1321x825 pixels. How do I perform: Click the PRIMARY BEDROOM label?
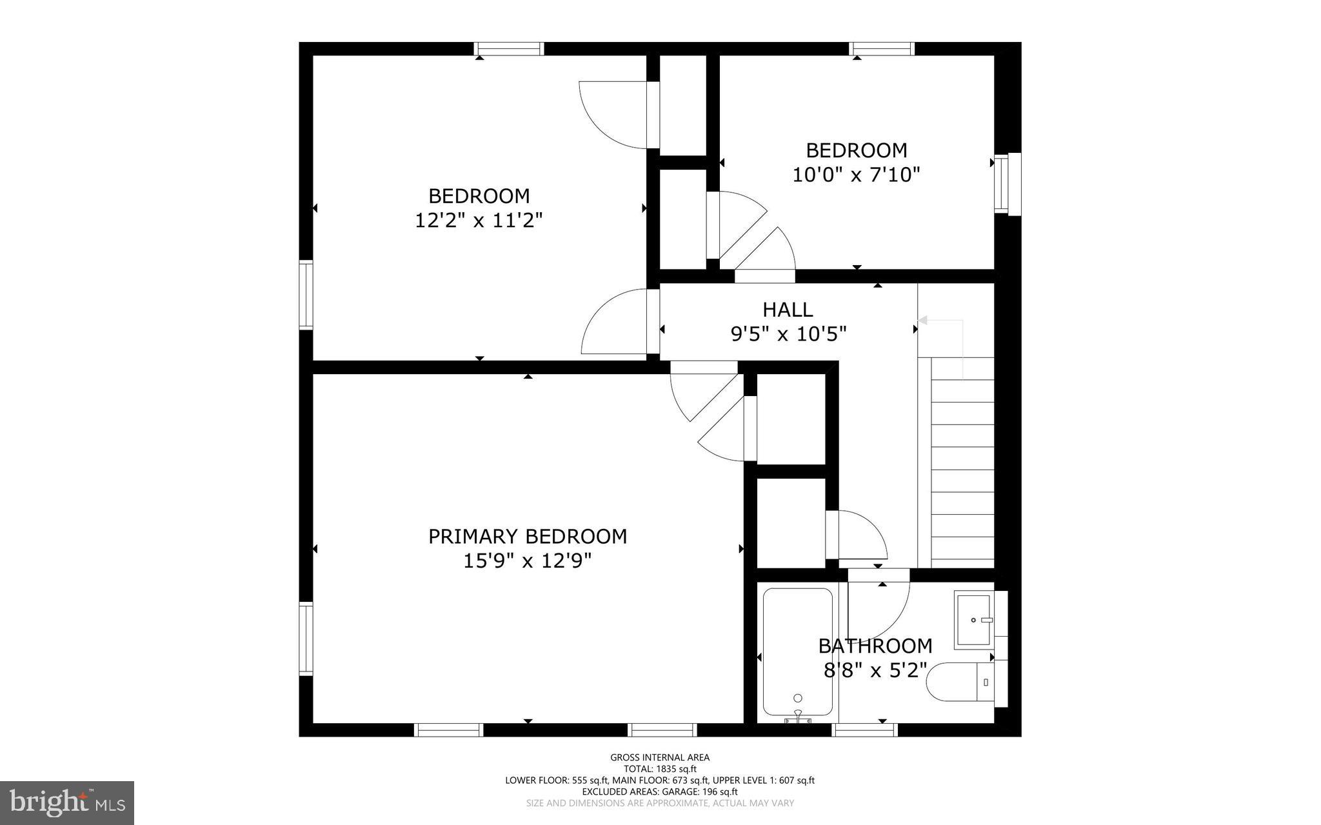528,537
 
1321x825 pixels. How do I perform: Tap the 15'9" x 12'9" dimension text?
528,561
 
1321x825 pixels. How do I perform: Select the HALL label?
788,310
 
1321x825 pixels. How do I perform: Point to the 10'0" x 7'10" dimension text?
856,175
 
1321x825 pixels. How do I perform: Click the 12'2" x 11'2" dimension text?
479,221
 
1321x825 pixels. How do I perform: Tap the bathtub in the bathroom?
797,651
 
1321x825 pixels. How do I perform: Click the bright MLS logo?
67,803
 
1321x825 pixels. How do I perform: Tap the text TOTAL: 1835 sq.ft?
660,769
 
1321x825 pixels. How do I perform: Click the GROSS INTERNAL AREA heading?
660,757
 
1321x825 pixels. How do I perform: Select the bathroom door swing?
877,606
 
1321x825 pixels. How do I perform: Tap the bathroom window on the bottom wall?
864,730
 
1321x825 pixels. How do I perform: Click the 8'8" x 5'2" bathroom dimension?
875,670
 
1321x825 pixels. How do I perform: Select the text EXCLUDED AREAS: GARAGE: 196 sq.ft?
660,791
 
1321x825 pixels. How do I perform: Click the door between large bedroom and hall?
616,323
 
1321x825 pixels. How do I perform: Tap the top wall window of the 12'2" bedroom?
509,49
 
